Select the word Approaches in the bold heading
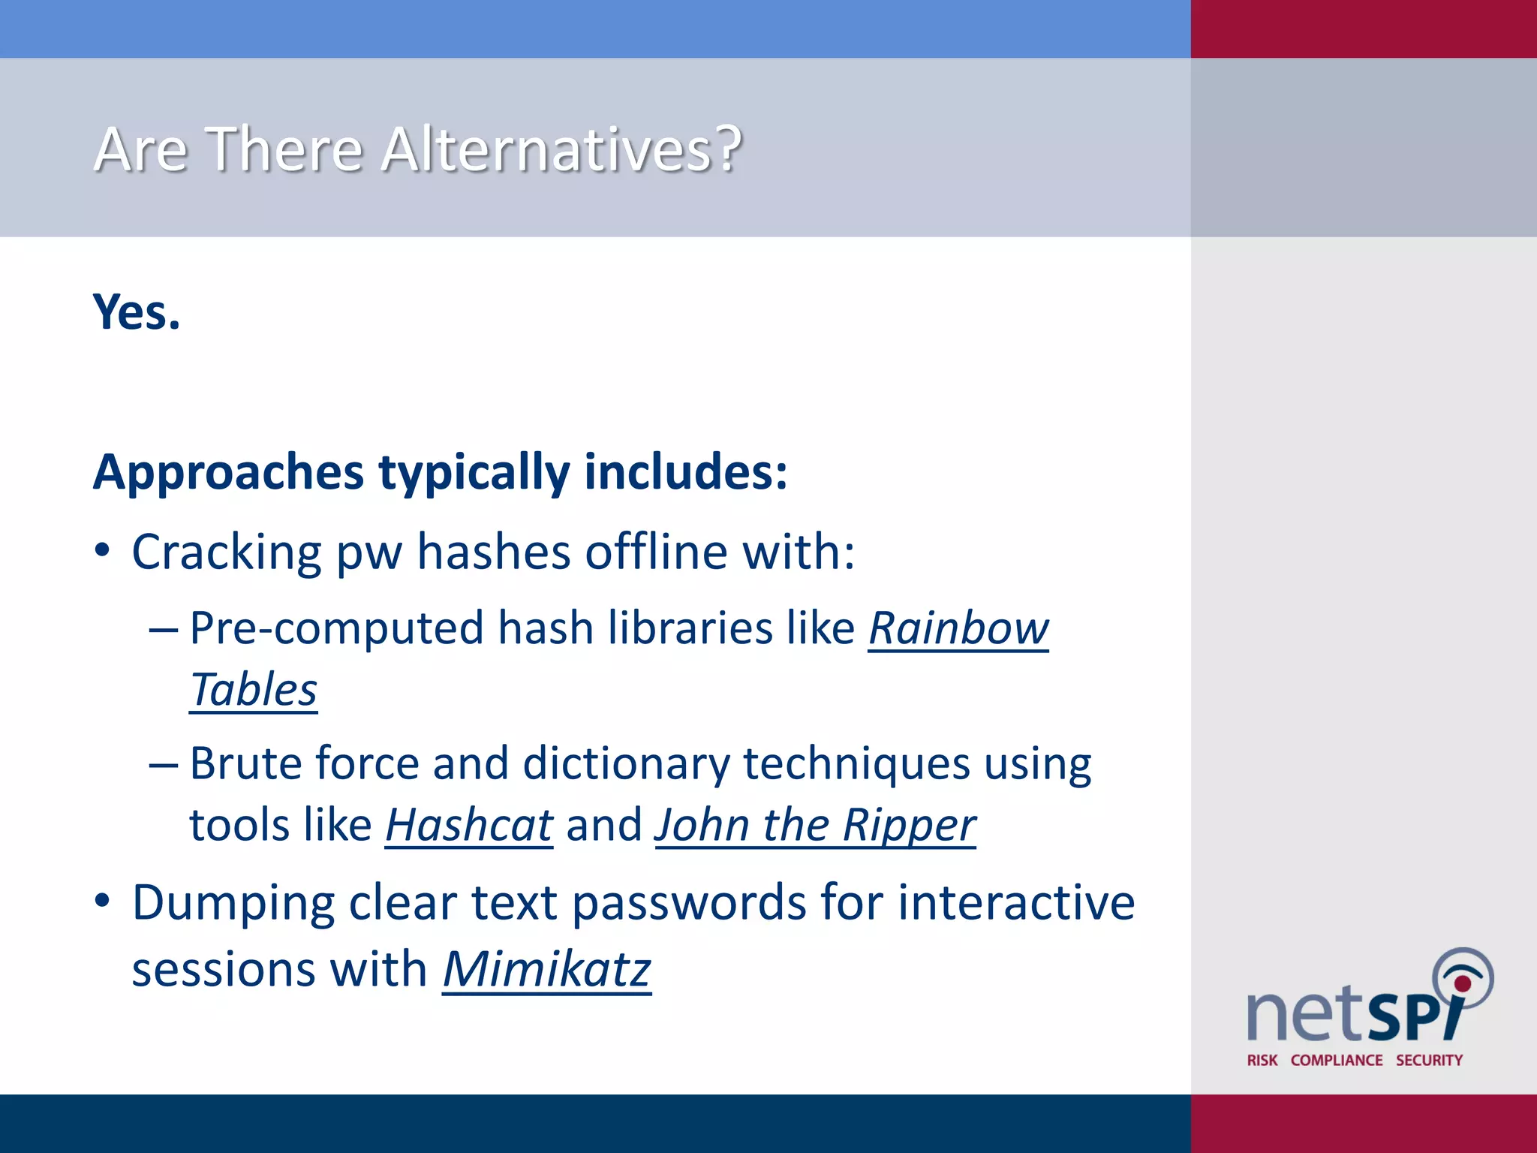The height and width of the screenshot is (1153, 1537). (228, 473)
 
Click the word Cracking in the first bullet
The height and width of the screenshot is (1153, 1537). (227, 553)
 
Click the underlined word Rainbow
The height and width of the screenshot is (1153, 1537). (958, 628)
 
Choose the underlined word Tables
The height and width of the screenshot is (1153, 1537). (254, 690)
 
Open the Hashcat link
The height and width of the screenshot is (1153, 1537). (469, 826)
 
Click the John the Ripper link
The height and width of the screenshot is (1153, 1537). (815, 826)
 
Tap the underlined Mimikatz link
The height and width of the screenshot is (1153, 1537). (546, 970)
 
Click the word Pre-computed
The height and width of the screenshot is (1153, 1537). (336, 628)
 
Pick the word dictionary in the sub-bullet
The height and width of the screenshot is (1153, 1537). (626, 764)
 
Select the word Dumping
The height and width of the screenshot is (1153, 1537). (233, 903)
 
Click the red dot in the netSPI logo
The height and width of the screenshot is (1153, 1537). (1462, 984)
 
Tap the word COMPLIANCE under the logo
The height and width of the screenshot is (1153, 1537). (1337, 1060)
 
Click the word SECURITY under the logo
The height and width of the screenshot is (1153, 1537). (1429, 1060)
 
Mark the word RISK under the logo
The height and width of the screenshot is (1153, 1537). (1262, 1060)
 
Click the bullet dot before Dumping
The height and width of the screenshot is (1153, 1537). (103, 900)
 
